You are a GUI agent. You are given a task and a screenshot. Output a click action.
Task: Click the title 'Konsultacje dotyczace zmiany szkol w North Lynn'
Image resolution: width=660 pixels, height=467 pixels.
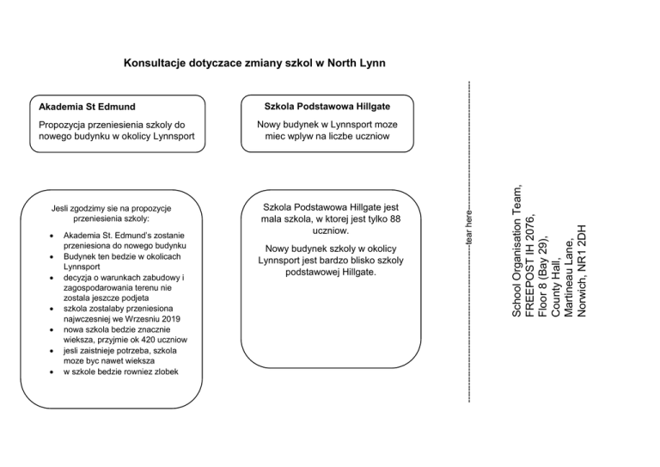(x=254, y=63)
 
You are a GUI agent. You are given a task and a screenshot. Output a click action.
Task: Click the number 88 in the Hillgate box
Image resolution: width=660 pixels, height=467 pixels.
(x=394, y=220)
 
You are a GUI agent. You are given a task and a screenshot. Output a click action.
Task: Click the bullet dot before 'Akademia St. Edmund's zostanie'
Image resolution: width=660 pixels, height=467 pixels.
(x=54, y=235)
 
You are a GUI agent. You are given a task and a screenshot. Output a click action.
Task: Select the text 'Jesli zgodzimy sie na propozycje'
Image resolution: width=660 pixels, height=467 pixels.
(x=111, y=208)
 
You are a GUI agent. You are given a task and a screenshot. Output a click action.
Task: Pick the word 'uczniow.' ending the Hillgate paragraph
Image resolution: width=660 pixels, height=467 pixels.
(x=331, y=232)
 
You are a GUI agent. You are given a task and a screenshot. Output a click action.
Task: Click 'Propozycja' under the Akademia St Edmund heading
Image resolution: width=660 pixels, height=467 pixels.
(x=67, y=124)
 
